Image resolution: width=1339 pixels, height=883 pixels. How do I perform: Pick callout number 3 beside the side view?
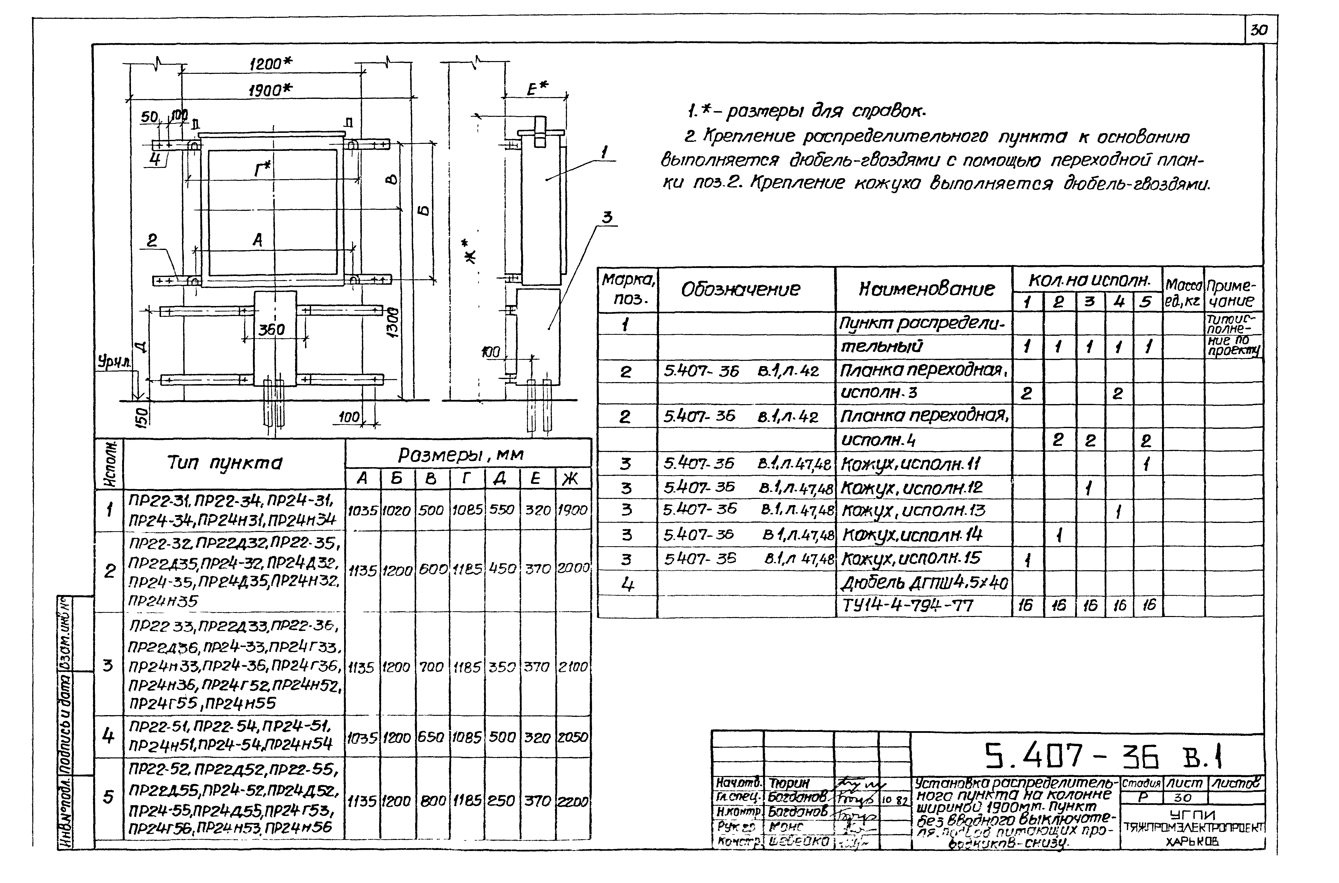(606, 217)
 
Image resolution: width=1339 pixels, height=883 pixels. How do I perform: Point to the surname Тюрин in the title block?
(789, 783)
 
